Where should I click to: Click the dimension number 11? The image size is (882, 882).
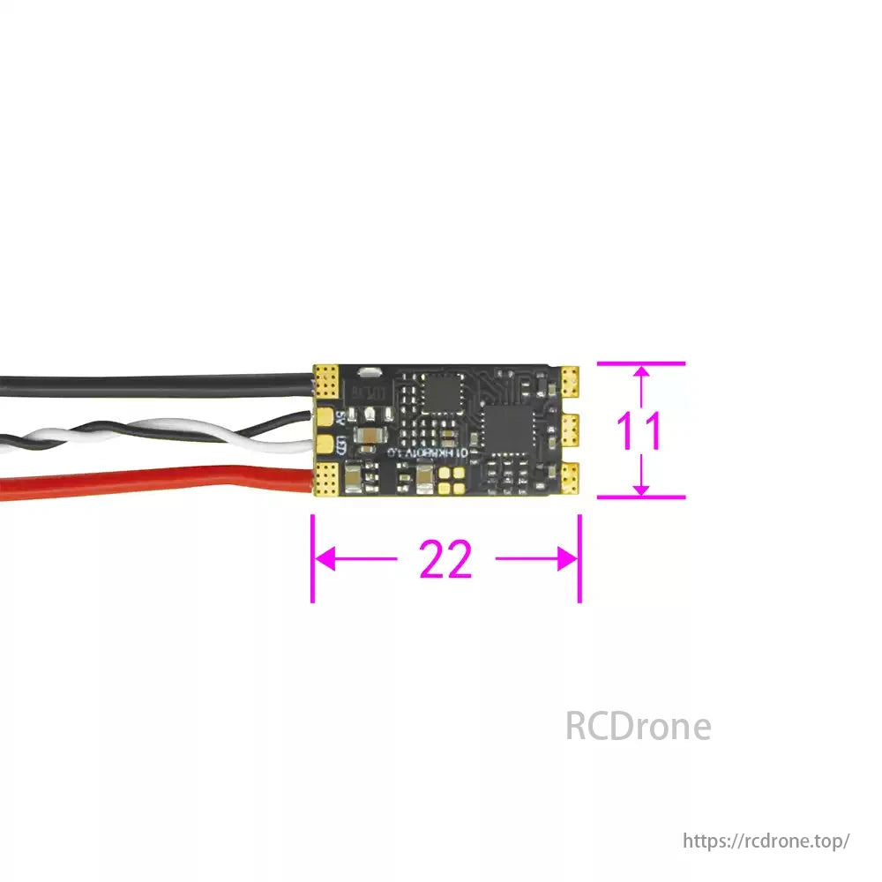(x=638, y=431)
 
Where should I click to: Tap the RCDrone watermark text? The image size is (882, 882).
(x=638, y=727)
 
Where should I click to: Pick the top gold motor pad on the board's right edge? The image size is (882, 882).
(x=569, y=379)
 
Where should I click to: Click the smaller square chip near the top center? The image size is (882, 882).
(x=440, y=392)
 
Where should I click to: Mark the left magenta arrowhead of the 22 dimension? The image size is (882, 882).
(x=323, y=558)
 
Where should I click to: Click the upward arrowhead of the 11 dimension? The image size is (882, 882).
(x=642, y=374)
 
